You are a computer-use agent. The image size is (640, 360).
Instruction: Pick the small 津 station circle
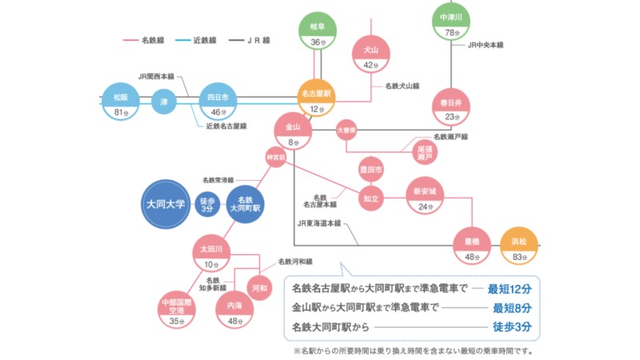coord(164,102)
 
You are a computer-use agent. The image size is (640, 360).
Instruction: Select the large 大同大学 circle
coord(166,205)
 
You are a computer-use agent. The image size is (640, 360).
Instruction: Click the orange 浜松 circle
coord(519,246)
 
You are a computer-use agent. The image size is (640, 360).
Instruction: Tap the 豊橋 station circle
coord(472,246)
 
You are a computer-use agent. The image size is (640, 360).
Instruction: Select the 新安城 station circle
coord(424,197)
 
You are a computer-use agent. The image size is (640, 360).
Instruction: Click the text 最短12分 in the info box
coord(510,288)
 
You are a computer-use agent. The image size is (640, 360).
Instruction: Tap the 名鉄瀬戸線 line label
coord(450,137)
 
